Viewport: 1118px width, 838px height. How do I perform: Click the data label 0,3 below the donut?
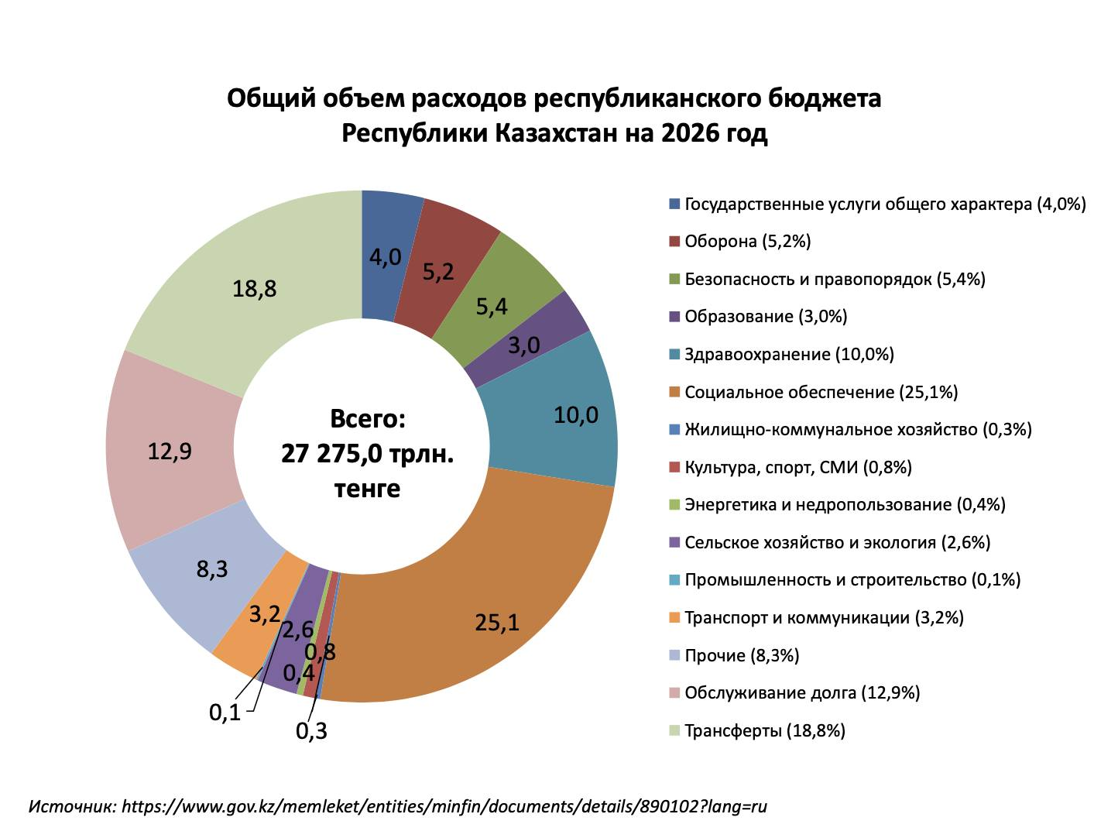[311, 730]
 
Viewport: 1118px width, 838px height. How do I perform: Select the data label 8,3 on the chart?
[211, 569]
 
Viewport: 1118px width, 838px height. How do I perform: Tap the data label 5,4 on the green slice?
[492, 307]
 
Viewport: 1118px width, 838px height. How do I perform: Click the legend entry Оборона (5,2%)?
[747, 242]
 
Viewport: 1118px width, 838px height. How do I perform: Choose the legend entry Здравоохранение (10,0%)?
[789, 355]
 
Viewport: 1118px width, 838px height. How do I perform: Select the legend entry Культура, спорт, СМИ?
[797, 467]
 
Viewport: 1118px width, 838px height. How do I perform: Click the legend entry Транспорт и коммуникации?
[824, 618]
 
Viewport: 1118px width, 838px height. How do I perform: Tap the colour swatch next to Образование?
[674, 317]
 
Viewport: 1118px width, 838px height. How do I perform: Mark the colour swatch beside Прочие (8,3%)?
[674, 655]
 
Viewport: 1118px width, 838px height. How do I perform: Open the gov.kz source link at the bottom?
[444, 806]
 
